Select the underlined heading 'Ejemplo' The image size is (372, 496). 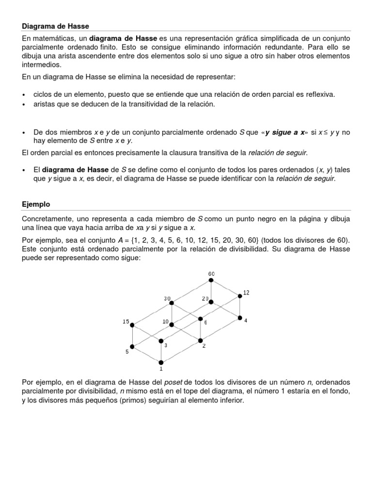[36, 205]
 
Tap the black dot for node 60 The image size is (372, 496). [211, 281]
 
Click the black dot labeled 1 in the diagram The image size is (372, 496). [161, 362]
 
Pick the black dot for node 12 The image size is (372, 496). [239, 296]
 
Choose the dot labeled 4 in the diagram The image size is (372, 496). [239, 318]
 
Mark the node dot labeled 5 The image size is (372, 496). [132, 346]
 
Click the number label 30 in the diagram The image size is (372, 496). [167, 299]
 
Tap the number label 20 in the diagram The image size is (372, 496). [206, 299]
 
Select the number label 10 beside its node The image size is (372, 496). [166, 321]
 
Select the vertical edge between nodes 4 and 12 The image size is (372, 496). [239, 307]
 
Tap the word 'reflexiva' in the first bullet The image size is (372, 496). [320, 94]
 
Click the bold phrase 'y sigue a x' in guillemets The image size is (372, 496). [285, 132]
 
